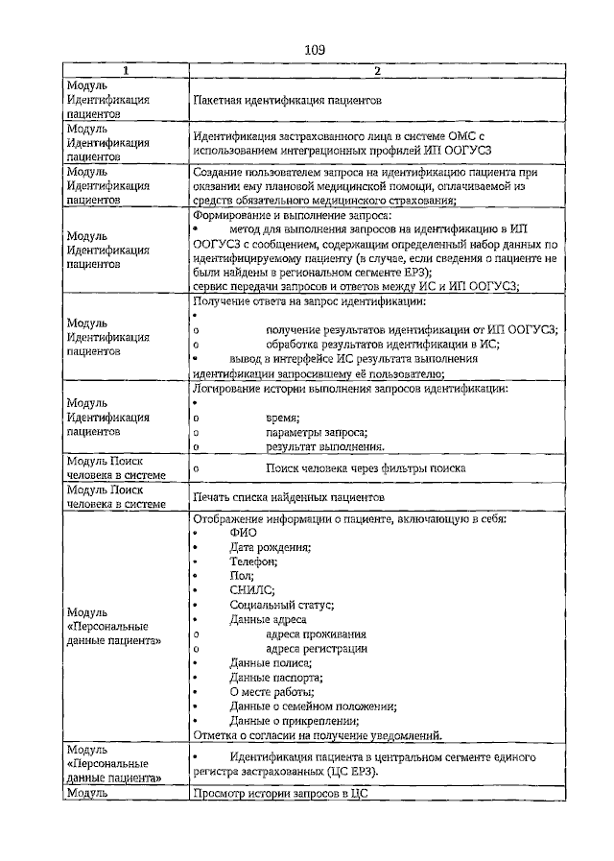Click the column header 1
pos(125,71)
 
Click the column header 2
pos(377,71)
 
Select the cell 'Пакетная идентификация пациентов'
pos(288,99)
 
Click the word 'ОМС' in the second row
pos(462,138)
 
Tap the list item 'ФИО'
pos(243,533)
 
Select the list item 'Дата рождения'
pos(270,547)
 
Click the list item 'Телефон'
pos(253,562)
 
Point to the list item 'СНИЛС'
pos(252,590)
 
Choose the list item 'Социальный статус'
pos(281,605)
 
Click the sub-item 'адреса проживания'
pos(316,634)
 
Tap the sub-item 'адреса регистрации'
pos(317,648)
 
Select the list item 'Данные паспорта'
pos(275,678)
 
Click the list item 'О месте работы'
pos(272,692)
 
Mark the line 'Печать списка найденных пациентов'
pos(288,497)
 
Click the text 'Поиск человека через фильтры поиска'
pos(366,467)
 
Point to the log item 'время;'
pos(283,418)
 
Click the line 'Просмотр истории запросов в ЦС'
pos(280,794)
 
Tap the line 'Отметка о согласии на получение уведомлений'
pos(318,736)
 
